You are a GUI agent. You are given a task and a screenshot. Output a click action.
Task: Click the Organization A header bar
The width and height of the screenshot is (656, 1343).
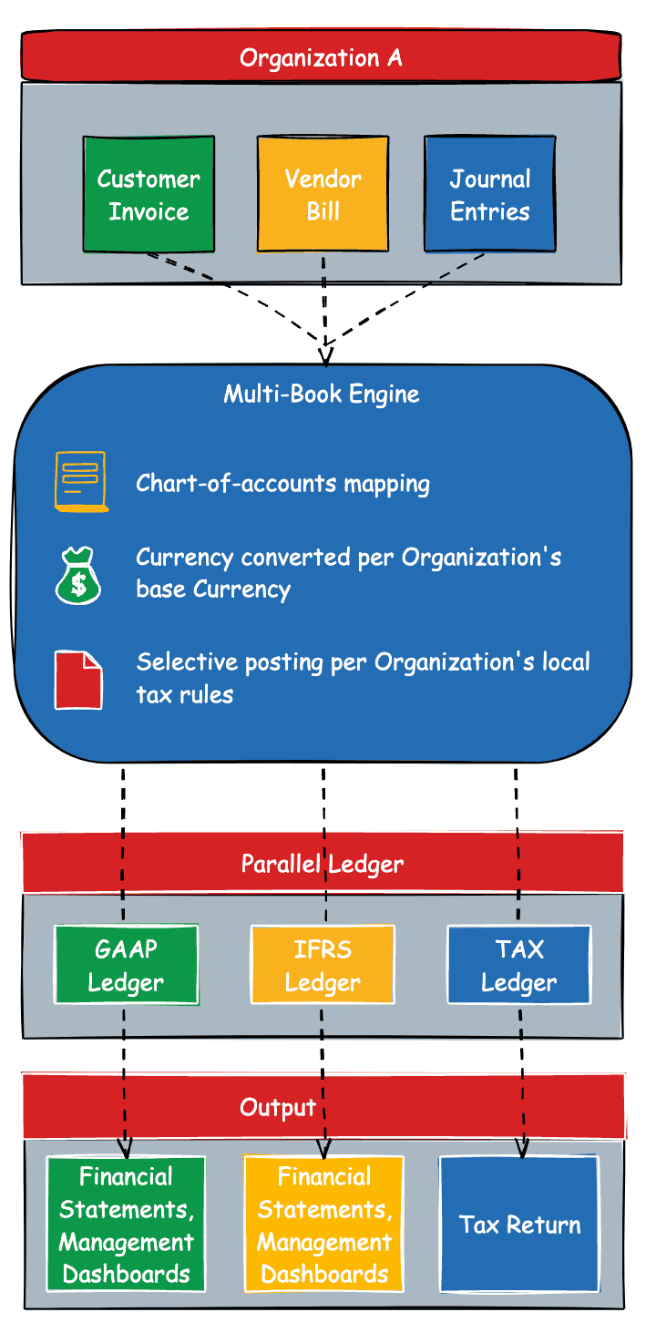[321, 58]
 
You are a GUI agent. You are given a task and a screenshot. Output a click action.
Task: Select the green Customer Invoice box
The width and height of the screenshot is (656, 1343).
[149, 194]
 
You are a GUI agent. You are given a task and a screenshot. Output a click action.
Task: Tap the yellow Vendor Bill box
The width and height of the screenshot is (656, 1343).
[323, 194]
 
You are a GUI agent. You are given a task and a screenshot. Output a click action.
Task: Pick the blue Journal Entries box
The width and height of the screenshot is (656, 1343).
[489, 194]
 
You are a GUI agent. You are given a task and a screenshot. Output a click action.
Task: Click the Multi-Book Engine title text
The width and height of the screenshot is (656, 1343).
[322, 394]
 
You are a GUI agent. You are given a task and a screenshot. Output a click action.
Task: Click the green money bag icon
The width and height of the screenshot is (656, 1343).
[79, 576]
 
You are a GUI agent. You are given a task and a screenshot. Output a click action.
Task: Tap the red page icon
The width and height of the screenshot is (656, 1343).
[78, 679]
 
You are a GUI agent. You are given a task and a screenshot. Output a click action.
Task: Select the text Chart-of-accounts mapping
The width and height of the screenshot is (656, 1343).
[282, 483]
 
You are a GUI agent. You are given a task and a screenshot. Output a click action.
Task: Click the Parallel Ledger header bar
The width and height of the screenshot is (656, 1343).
[322, 863]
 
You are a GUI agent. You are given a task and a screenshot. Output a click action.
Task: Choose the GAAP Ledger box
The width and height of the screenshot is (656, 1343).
[126, 965]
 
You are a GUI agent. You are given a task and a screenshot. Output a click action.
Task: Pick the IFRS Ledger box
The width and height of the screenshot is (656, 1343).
[323, 965]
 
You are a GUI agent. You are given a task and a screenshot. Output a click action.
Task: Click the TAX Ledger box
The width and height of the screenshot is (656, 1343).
[518, 965]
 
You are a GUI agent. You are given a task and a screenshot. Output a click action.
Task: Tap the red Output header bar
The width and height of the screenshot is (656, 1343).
[322, 1107]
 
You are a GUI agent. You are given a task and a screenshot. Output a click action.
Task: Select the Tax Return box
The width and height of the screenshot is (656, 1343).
[518, 1224]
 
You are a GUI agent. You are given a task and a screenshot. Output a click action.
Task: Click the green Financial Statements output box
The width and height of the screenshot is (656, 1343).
[126, 1224]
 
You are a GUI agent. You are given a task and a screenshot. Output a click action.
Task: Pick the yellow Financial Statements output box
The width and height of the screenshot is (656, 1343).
[323, 1224]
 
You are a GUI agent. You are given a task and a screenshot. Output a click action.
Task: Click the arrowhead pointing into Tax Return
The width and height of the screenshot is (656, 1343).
[523, 1150]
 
